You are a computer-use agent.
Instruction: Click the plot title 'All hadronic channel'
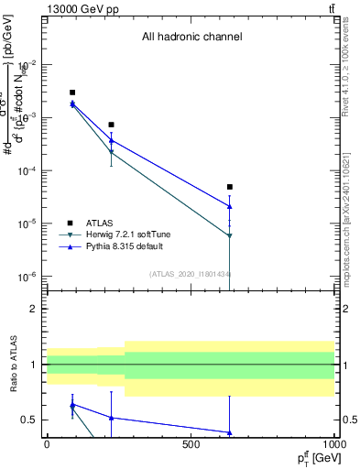click(x=191, y=38)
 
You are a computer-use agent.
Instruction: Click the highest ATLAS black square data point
click(x=72, y=93)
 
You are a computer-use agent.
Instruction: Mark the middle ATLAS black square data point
click(x=111, y=125)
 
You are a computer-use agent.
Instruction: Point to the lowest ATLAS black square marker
click(x=230, y=187)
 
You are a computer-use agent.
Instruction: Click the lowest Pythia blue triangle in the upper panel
click(x=230, y=206)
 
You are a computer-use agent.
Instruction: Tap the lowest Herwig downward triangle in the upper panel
click(x=230, y=235)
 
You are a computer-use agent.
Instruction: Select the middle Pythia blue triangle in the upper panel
click(x=111, y=140)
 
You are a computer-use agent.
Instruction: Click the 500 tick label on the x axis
click(x=191, y=444)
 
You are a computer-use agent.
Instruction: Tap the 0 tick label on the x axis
click(x=47, y=444)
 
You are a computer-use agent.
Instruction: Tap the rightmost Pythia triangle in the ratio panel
click(x=230, y=432)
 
